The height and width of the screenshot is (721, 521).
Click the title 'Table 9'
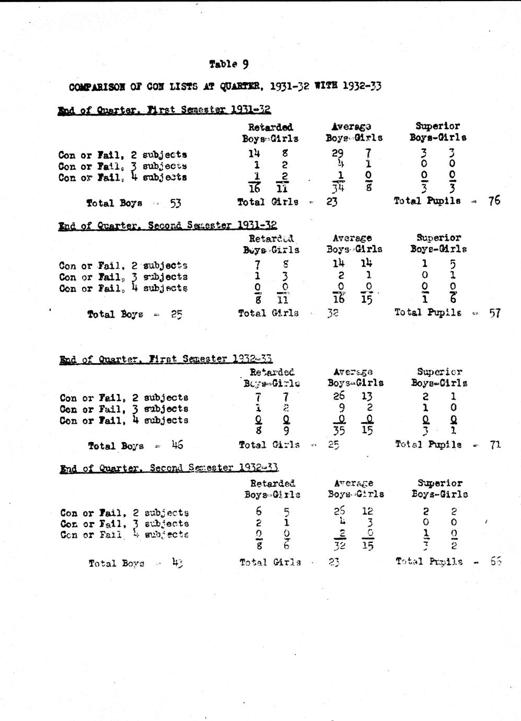point(228,64)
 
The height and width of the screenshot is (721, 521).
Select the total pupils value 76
point(494,201)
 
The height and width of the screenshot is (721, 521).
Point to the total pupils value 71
point(495,445)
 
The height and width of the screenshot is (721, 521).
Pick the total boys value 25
point(176,315)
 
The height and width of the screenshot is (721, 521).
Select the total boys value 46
point(177,446)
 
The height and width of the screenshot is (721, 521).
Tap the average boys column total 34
point(338,189)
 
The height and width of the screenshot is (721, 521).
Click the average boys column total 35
point(339,431)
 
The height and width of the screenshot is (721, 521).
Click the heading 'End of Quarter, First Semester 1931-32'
point(164,110)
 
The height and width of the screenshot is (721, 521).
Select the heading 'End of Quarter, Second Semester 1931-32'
point(167,226)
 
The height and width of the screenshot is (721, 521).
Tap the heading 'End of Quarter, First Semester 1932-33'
point(166,359)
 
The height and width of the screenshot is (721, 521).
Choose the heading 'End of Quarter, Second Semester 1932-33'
point(169,468)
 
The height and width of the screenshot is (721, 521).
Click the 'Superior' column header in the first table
point(437,126)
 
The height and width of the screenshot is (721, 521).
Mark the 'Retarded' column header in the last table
point(272,483)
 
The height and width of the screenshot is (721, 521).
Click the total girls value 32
point(333,313)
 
